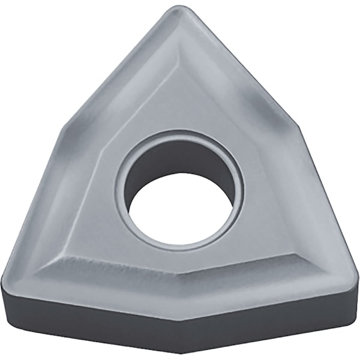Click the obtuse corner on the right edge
tap(298, 127)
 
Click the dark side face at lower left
tap(90, 318)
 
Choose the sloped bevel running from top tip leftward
tap(120, 66)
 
